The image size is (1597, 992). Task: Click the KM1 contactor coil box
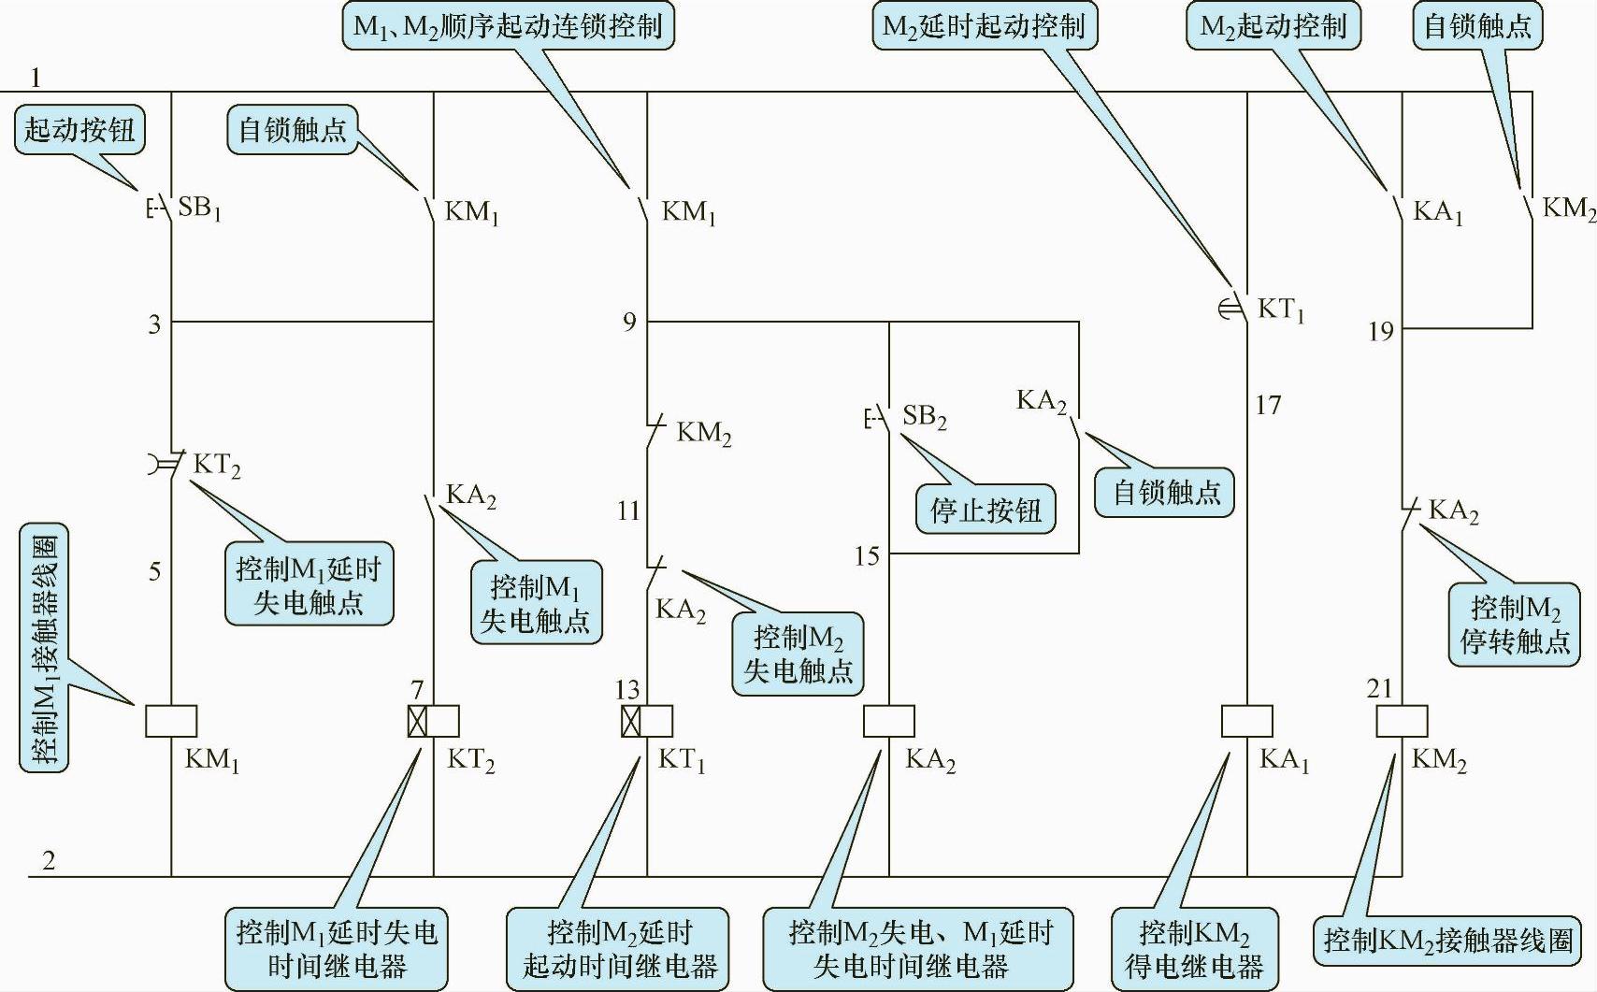click(171, 721)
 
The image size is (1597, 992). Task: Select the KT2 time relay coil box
click(434, 721)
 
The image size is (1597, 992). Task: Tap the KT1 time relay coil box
click(647, 721)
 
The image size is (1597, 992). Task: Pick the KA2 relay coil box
click(888, 721)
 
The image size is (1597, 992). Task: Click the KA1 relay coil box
click(1247, 721)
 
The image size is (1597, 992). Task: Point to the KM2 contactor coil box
click(1402, 721)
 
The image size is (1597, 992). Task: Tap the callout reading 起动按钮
click(79, 129)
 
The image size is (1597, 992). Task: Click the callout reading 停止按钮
click(986, 510)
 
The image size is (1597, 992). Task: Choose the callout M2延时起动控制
click(984, 25)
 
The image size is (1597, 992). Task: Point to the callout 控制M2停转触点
click(1515, 625)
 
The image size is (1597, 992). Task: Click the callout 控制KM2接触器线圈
click(1448, 939)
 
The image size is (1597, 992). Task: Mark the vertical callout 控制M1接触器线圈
click(44, 647)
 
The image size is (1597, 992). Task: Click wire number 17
click(1268, 405)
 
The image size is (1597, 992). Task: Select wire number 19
click(1380, 331)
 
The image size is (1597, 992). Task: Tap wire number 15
click(867, 556)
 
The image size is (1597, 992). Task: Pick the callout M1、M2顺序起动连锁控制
click(508, 25)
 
